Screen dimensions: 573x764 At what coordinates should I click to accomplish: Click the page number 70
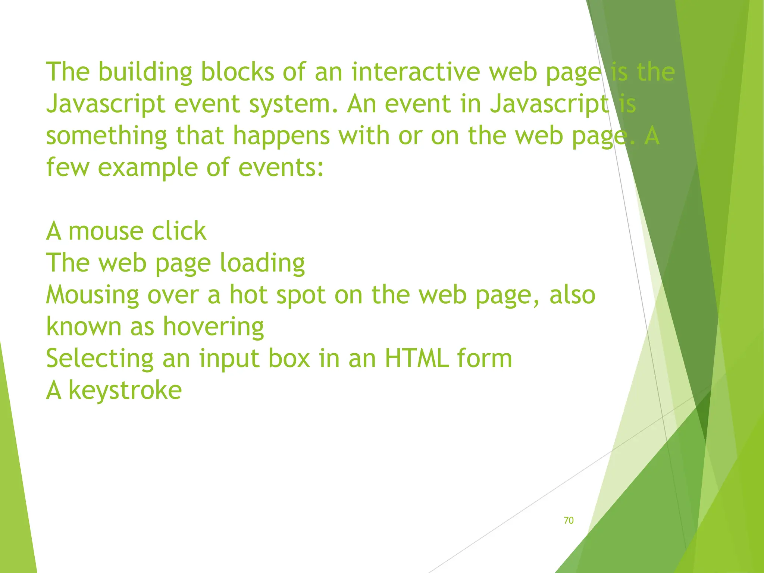[569, 520]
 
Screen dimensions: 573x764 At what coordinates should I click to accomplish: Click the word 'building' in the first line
[145, 72]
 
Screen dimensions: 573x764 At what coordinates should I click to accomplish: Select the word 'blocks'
[238, 72]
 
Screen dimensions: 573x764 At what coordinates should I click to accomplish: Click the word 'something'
[106, 136]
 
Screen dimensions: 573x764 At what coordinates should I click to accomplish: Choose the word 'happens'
[281, 136]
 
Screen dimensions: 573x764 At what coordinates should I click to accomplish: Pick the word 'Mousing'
[92, 295]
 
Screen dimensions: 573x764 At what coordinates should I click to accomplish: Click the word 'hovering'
[213, 327]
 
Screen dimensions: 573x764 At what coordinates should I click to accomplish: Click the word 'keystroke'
[125, 391]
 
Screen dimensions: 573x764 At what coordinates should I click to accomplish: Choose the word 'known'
[84, 327]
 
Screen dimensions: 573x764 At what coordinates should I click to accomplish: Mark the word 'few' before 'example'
[68, 167]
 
